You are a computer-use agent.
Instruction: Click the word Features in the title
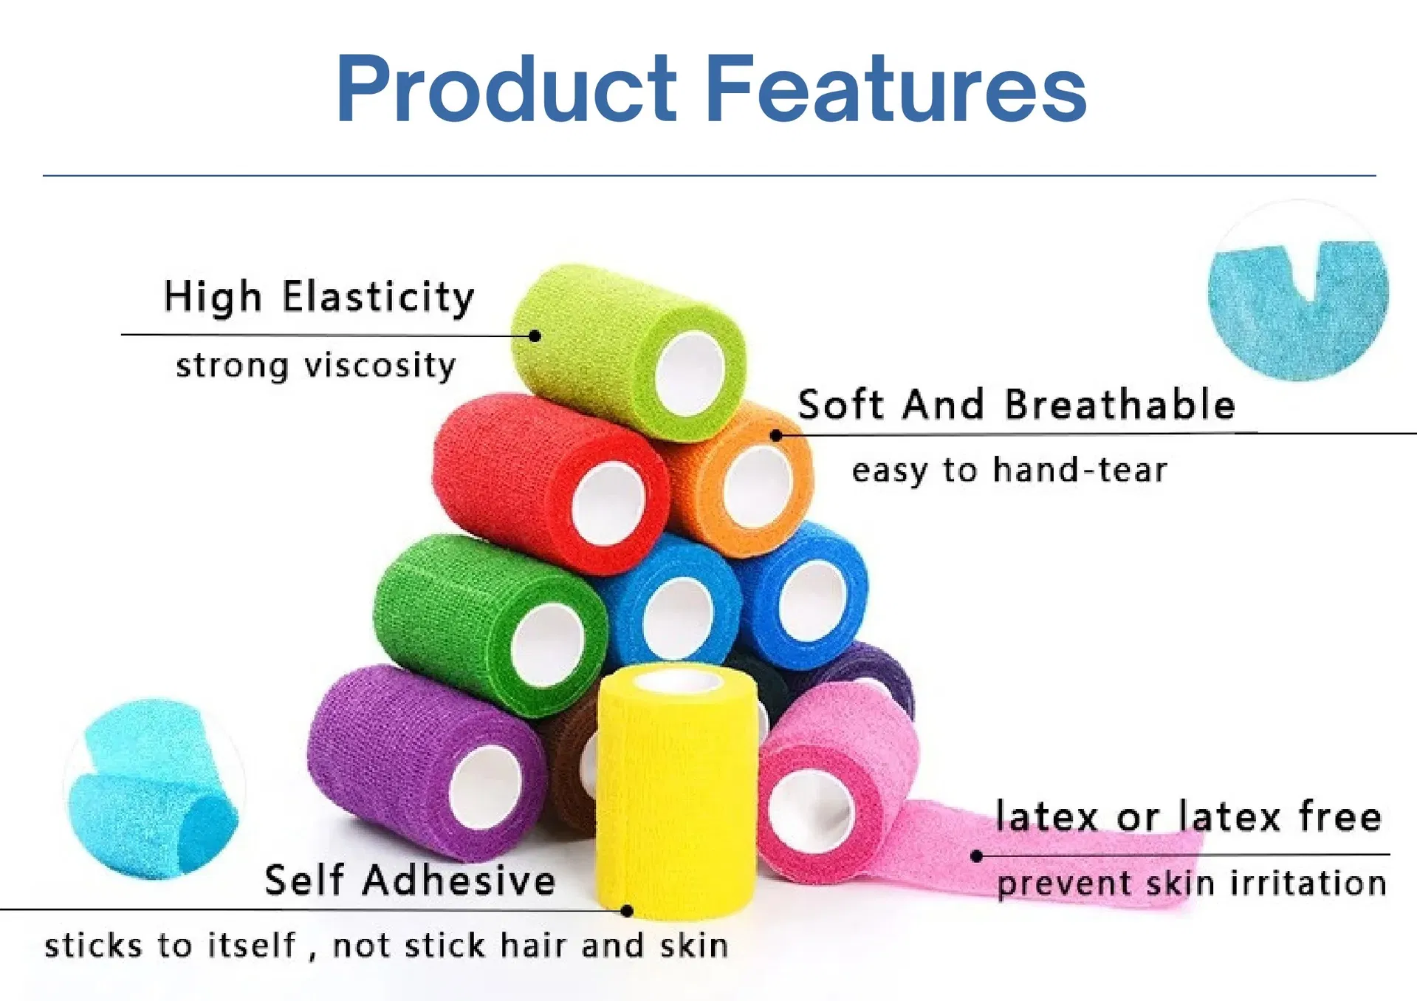point(895,89)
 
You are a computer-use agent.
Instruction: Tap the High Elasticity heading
point(318,297)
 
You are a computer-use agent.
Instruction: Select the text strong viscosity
point(316,366)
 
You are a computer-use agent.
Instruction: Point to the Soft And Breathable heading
point(1016,405)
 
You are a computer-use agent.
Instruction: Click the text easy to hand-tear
point(1009,470)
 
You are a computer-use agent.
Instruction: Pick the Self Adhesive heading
point(410,880)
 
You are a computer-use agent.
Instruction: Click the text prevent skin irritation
point(1191,884)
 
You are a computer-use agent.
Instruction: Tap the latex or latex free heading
point(1188,816)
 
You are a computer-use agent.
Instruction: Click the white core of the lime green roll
point(690,374)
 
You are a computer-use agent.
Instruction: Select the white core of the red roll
point(608,505)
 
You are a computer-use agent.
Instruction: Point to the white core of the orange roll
point(758,488)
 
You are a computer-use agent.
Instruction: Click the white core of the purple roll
point(485,787)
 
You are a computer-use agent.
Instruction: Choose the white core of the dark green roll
point(547,644)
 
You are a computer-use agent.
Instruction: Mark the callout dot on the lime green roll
point(535,336)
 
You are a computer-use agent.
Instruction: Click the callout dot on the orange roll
point(776,435)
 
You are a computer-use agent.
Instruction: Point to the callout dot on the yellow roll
point(627,911)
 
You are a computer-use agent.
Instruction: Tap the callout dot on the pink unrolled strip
point(977,856)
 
